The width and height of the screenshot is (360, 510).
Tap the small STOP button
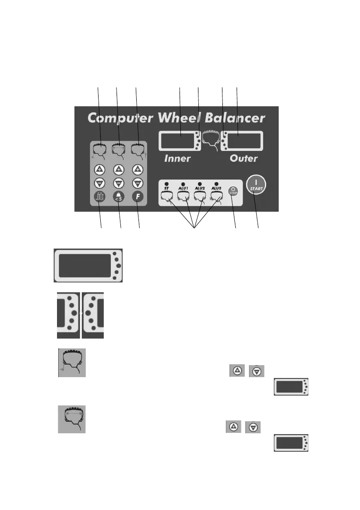pos(233,191)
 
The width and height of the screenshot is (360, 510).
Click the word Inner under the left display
pos(177,159)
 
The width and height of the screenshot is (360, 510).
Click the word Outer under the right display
pos(243,159)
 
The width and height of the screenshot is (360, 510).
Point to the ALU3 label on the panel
pos(216,189)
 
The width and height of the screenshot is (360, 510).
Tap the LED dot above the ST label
pos(167,184)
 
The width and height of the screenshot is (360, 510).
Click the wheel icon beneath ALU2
pos(199,197)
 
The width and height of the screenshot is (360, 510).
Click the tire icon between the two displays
pos(210,138)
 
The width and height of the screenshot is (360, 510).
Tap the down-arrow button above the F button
pos(137,183)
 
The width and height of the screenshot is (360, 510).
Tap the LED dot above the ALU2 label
pos(199,184)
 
